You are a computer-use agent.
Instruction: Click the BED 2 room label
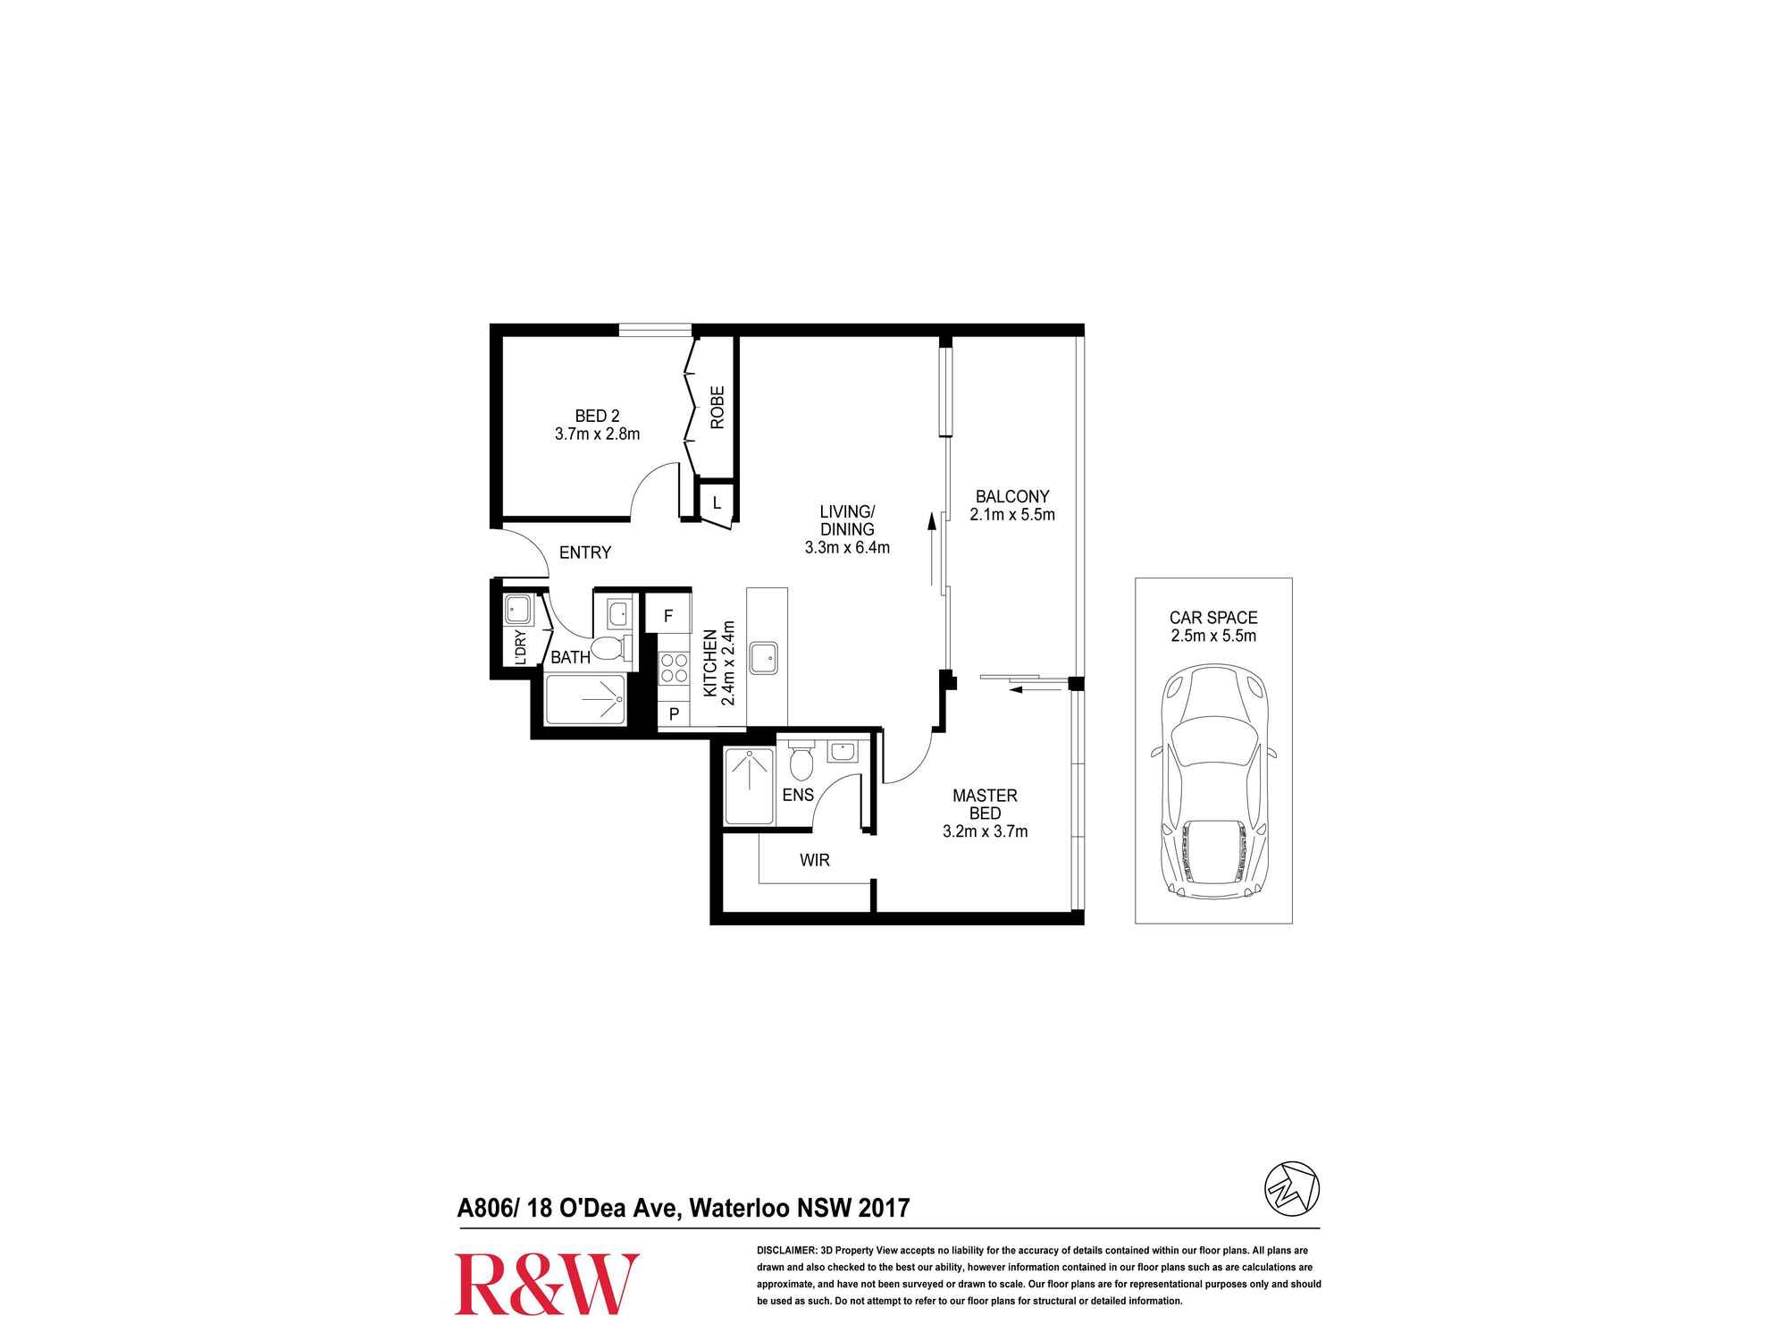point(597,416)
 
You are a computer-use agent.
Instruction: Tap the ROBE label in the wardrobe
point(717,408)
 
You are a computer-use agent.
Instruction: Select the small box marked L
point(717,503)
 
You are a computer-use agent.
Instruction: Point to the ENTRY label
point(585,552)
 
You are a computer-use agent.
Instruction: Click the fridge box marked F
point(667,616)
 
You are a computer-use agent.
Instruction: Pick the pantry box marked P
point(674,714)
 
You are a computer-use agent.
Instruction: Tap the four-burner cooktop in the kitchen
point(674,668)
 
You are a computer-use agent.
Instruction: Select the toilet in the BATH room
point(611,647)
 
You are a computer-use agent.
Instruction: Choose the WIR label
point(815,860)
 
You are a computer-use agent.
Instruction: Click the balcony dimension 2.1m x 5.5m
point(1012,515)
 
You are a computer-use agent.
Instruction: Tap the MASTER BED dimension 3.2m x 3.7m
point(985,831)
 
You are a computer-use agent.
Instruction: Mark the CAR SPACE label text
point(1213,618)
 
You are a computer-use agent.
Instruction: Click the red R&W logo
point(547,1284)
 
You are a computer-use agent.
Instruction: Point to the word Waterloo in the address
point(737,1209)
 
